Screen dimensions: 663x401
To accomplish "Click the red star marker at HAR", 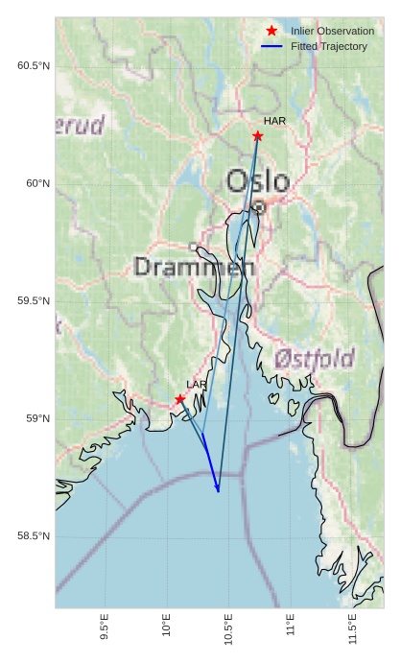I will point(257,136).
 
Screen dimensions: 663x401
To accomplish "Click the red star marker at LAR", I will point(180,399).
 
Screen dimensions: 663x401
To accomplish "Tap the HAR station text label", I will point(274,121).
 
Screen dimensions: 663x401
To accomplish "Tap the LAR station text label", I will point(197,385).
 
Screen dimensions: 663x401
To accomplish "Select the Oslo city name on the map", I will point(258,181).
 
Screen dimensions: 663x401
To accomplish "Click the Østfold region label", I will point(315,359).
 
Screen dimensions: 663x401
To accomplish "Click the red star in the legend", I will point(272,32).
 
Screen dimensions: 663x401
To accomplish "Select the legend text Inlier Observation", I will point(332,32).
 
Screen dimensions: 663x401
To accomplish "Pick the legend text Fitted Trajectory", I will point(329,46).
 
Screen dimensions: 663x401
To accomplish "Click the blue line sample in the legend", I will point(272,46).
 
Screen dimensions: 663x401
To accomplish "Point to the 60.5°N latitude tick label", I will point(34,65).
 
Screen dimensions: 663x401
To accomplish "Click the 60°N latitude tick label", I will point(37,183).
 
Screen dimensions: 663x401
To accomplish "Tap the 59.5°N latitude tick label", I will point(34,301).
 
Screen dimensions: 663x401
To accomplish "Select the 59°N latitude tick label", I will point(37,419).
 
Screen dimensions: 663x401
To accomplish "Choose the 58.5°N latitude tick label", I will point(34,536).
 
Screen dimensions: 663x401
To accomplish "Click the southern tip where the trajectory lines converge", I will point(219,491).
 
